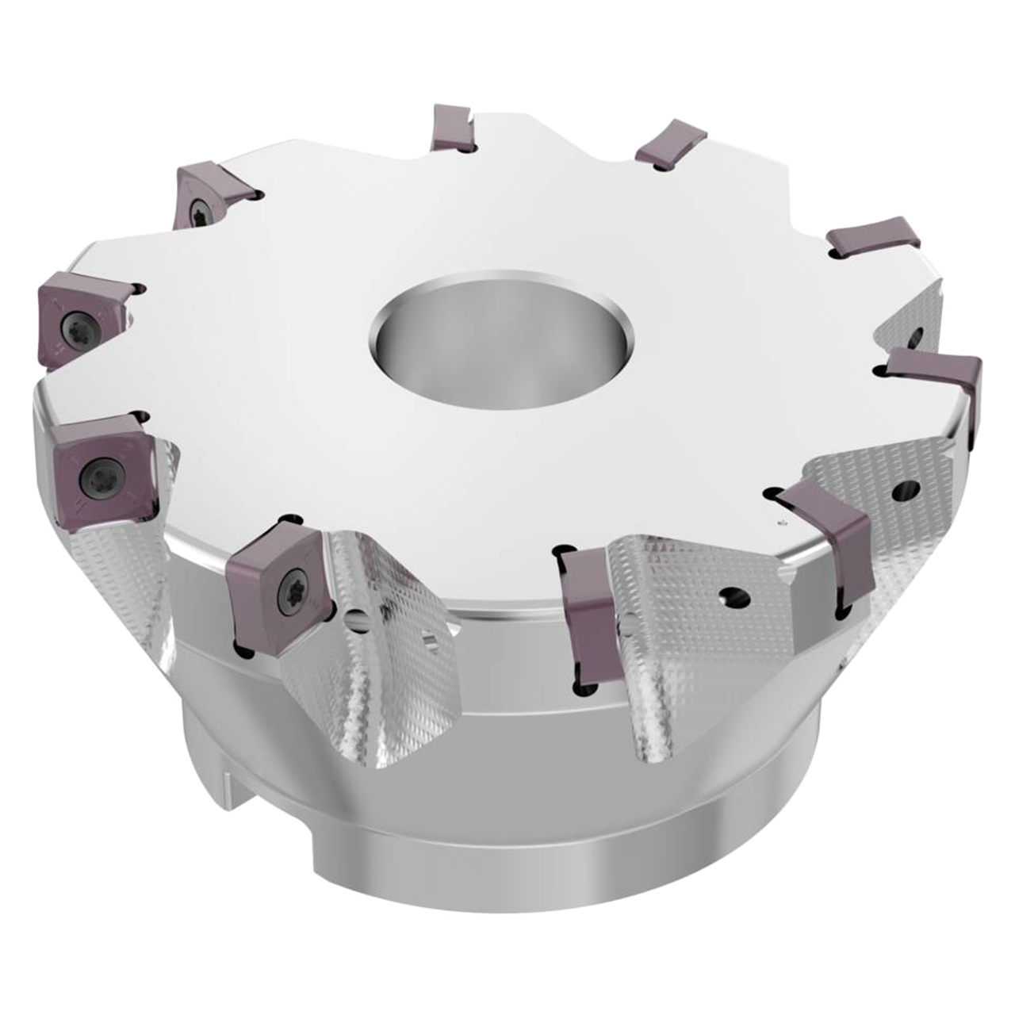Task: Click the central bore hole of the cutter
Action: click(x=499, y=332)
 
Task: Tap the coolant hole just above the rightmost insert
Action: click(x=916, y=335)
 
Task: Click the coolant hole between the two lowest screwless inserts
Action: click(x=735, y=595)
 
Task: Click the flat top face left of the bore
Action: click(x=262, y=349)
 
